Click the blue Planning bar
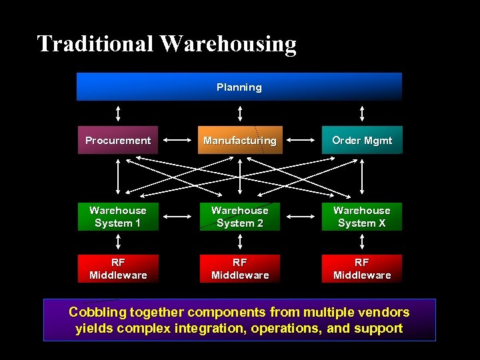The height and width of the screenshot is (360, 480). click(x=239, y=87)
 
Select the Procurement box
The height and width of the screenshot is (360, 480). click(x=118, y=140)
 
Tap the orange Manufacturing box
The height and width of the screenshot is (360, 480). click(x=240, y=140)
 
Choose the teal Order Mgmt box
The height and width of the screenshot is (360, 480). click(x=362, y=140)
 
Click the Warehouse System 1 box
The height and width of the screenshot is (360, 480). click(x=118, y=217)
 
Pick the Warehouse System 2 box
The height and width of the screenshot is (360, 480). click(x=240, y=217)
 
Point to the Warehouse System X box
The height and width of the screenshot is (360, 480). click(x=362, y=217)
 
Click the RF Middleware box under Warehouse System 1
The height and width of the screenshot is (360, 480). click(x=118, y=269)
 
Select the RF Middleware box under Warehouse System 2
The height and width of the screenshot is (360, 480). click(x=240, y=269)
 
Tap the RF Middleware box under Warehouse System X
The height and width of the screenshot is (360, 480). click(x=362, y=269)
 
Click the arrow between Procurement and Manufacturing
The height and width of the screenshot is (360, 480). click(x=179, y=140)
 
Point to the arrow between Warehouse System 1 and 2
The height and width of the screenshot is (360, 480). click(x=179, y=217)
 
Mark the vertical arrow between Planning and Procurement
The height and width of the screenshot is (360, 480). click(x=118, y=113)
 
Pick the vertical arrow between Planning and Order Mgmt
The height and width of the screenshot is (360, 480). click(x=362, y=113)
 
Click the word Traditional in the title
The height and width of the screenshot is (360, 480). click(x=95, y=44)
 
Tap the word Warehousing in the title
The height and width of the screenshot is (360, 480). click(x=228, y=44)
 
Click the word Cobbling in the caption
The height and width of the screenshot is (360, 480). click(x=96, y=312)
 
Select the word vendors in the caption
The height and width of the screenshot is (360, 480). click(x=385, y=312)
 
